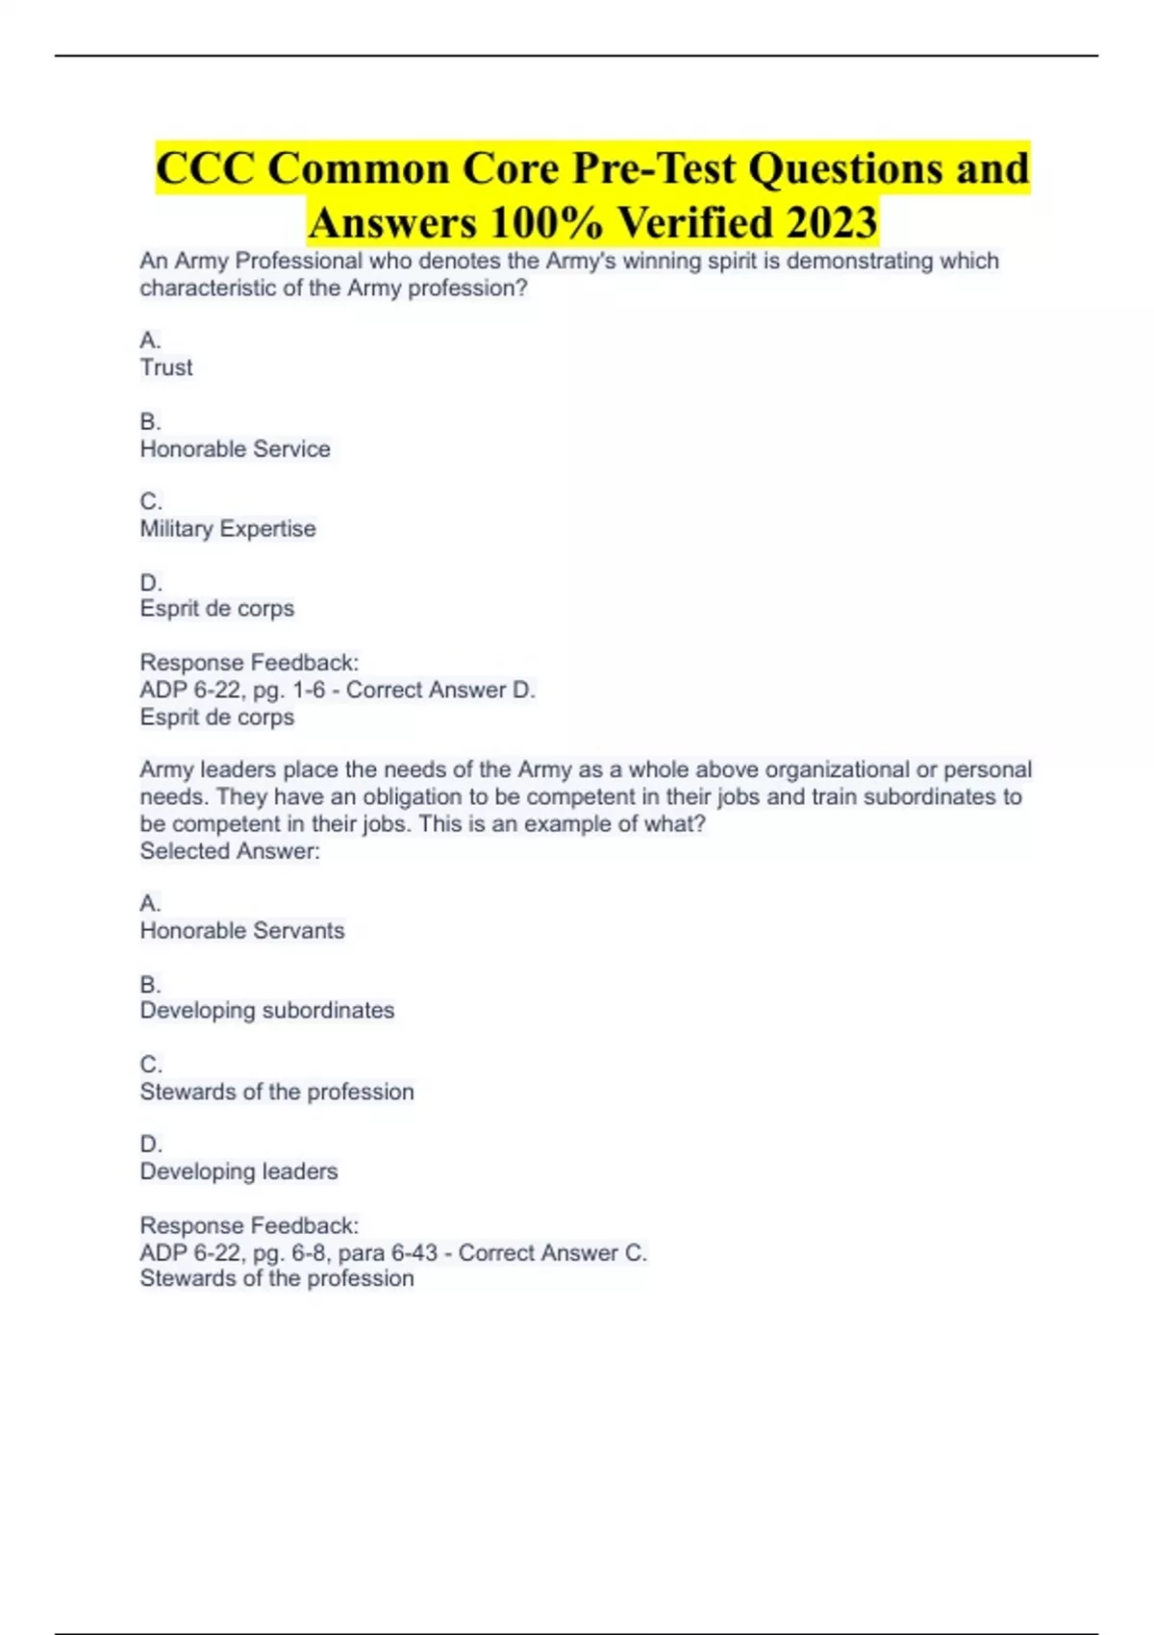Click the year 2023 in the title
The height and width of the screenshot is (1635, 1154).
(831, 223)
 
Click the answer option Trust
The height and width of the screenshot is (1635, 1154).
(166, 367)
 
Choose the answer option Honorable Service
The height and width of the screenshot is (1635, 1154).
(235, 449)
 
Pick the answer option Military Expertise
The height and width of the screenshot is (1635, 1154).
(228, 529)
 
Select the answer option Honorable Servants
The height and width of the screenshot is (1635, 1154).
(242, 931)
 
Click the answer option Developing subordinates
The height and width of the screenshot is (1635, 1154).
(267, 1011)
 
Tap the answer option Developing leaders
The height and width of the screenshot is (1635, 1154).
(238, 1171)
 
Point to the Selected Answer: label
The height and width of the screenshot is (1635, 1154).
(230, 851)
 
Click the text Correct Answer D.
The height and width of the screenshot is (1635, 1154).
(440, 691)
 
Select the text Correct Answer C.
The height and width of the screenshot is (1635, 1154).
(552, 1253)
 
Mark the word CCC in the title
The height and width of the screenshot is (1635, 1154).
(206, 168)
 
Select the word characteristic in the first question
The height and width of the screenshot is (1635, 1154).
(208, 289)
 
